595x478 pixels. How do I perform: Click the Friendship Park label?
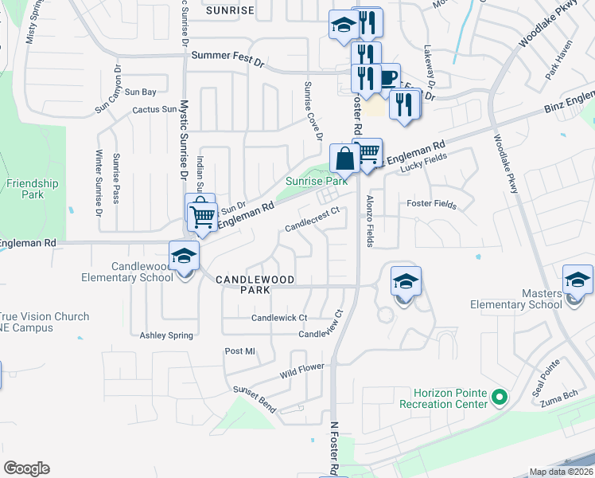pos(32,189)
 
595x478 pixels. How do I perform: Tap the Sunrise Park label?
pos(317,182)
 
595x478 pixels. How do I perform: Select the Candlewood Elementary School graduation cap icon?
pos(184,257)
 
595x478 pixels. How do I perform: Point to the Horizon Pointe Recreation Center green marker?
pos(499,396)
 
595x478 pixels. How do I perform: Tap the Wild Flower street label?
pos(302,371)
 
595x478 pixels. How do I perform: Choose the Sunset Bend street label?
pos(255,399)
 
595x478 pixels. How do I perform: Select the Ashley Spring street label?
pos(166,335)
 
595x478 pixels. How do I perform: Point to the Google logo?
pos(26,468)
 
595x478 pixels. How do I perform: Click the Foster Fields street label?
pos(431,205)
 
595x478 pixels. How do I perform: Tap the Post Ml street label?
pos(239,351)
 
